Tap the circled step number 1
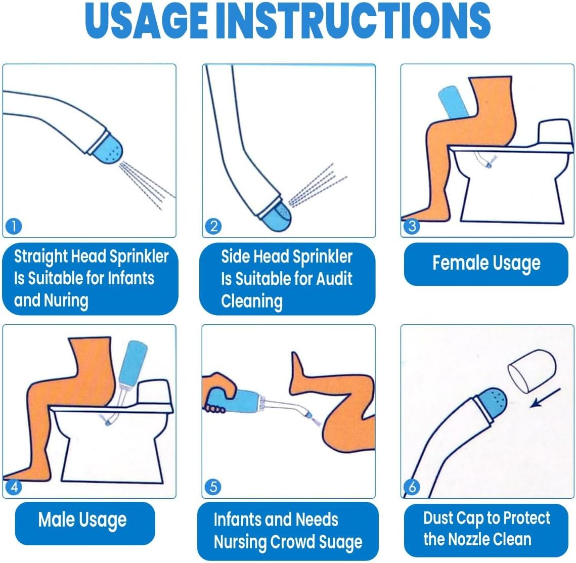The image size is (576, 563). click(13, 226)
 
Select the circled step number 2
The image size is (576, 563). click(213, 226)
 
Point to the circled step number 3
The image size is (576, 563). click(412, 226)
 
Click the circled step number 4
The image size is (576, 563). click(13, 487)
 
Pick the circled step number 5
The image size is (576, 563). click(213, 487)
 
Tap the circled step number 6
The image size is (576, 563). click(412, 487)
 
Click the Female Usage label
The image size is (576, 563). click(486, 264)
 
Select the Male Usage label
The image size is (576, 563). click(82, 521)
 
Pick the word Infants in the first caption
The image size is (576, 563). click(129, 279)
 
